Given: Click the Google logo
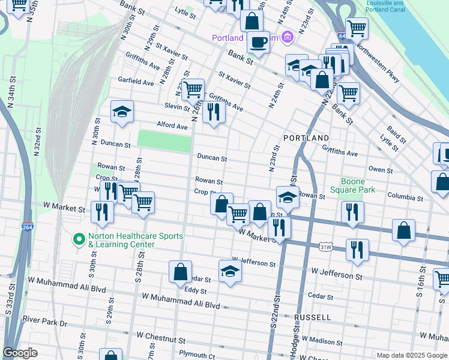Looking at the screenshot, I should click(20, 353).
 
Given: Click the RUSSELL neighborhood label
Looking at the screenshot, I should click(312, 317).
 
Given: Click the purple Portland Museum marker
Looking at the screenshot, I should click(287, 38).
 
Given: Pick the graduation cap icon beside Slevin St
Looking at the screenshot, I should click(122, 112).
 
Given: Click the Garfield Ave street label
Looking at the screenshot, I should click(136, 81).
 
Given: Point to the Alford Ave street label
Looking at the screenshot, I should click(172, 126).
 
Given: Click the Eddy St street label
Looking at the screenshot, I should click(196, 290).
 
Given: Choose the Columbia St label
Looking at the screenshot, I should click(405, 196).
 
